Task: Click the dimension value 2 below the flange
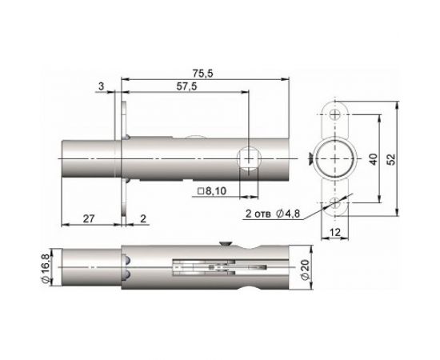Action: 142,218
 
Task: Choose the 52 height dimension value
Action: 391,159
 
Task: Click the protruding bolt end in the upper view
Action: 90,159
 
